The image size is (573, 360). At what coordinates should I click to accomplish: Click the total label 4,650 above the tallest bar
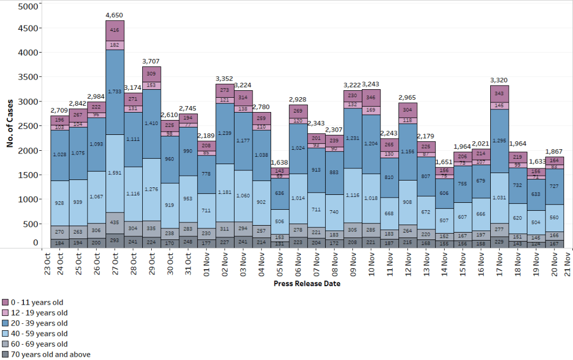[115, 15]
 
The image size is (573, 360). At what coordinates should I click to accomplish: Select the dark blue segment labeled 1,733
[115, 92]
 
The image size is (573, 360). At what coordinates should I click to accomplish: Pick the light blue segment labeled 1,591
[115, 173]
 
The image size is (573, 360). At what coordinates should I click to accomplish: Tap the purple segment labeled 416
[115, 31]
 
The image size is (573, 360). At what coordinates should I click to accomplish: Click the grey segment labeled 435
[115, 222]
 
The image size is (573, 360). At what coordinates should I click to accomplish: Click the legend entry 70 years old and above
[46, 354]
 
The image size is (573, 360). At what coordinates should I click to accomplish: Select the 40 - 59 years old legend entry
[36, 333]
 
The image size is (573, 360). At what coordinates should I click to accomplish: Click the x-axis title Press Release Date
[307, 284]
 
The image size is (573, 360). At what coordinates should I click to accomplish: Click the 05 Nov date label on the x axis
[279, 263]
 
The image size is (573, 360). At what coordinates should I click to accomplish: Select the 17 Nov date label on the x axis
[499, 263]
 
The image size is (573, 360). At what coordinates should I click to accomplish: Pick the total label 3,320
[499, 80]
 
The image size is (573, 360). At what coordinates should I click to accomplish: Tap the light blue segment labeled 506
[279, 221]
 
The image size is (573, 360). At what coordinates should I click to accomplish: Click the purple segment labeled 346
[371, 98]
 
